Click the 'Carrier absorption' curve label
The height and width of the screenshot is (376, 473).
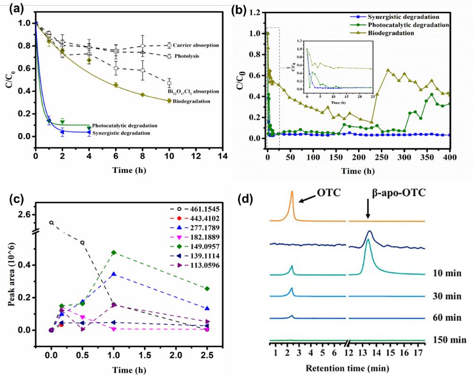[195, 45]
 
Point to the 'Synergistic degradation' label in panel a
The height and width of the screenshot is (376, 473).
[125, 133]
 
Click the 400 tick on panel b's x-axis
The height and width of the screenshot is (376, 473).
[450, 156]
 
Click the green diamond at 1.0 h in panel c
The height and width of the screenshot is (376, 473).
[114, 253]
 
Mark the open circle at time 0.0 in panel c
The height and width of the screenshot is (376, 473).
[52, 222]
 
